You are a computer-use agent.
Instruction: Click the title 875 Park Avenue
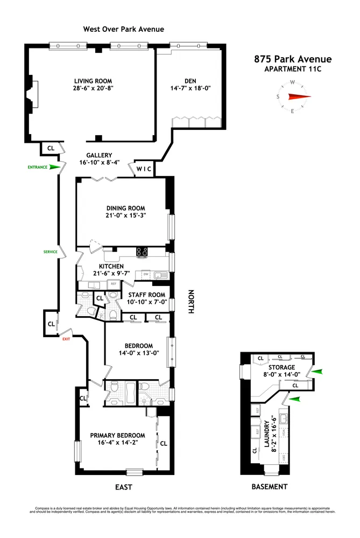293,59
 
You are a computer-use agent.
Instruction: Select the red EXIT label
66,339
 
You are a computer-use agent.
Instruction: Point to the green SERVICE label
51,251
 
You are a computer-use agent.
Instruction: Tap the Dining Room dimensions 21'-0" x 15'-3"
125,215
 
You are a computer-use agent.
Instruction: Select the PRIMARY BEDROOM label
117,435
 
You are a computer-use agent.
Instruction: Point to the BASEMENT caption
270,487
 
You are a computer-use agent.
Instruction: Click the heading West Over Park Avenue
123,29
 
